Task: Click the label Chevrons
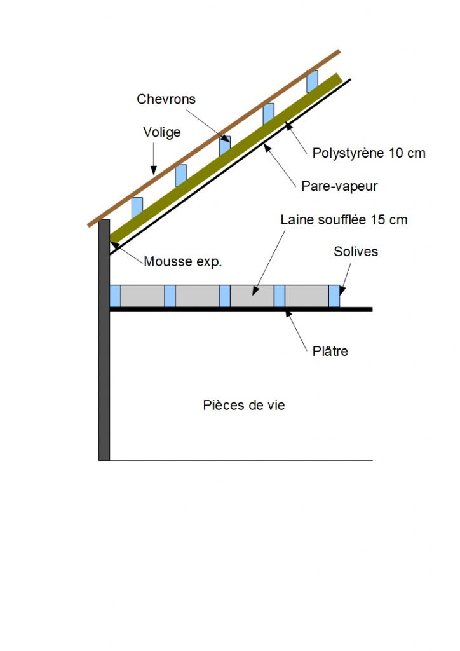point(166,99)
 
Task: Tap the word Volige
point(161,132)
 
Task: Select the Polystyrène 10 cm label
point(369,153)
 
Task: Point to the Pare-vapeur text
point(339,186)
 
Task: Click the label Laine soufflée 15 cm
point(344,220)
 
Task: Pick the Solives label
point(356,252)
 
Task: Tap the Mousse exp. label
point(183,261)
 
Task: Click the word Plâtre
point(330,351)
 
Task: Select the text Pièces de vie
point(244,405)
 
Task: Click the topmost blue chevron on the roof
point(312,81)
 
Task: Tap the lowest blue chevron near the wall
point(137,207)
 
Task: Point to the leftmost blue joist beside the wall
point(115,296)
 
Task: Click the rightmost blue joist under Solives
point(334,296)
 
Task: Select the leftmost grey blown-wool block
point(142,296)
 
